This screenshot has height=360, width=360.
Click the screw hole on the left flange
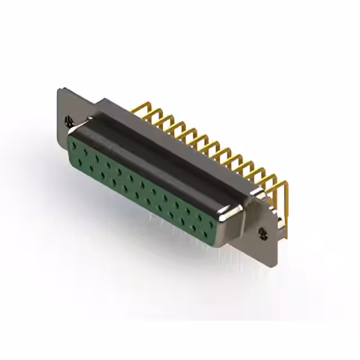[69, 119]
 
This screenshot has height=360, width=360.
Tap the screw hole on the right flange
[262, 231]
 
